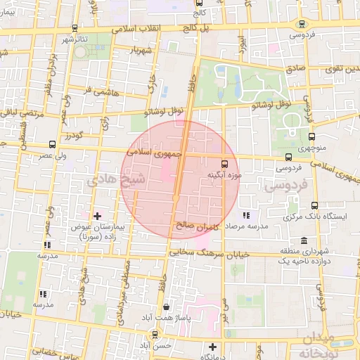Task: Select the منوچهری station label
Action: click(311, 149)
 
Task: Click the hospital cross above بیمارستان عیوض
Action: click(97, 214)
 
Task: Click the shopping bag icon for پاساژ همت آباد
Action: click(165, 307)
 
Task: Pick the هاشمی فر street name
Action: click(97, 92)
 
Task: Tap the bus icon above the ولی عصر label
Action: click(52, 144)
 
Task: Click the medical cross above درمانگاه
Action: click(212, 346)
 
